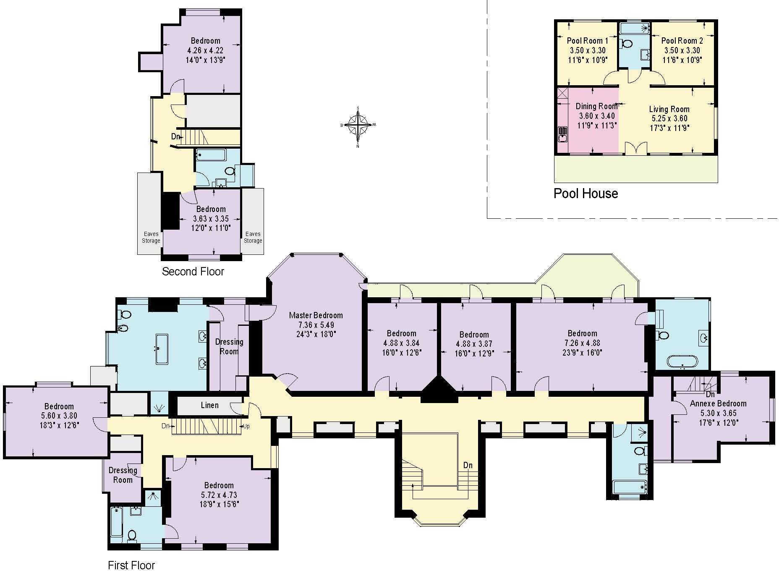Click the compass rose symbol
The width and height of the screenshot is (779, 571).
coord(358,125)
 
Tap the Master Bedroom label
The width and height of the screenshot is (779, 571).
coord(316,315)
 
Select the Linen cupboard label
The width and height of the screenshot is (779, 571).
coord(209,405)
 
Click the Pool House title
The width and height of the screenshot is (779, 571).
coord(586,194)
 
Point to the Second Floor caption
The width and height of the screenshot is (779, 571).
coord(193,272)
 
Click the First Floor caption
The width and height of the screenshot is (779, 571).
coord(131,565)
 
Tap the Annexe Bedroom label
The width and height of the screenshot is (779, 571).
coord(718,403)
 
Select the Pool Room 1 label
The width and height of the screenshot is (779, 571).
coord(587,41)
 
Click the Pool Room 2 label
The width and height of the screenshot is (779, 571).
coord(682,41)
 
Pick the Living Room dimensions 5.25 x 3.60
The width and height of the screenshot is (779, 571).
coord(669,118)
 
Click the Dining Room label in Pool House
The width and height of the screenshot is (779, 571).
coord(596,106)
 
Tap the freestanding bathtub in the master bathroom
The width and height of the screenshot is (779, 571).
coord(162,348)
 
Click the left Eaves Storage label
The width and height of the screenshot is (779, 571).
coord(151,237)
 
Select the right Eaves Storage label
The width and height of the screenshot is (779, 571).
coord(253,237)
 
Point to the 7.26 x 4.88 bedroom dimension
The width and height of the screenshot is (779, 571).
coord(582,343)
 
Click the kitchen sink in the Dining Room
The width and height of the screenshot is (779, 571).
coord(562,136)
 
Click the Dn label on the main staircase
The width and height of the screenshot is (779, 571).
coord(468,465)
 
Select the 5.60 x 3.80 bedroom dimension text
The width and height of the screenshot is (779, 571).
coord(59,416)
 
